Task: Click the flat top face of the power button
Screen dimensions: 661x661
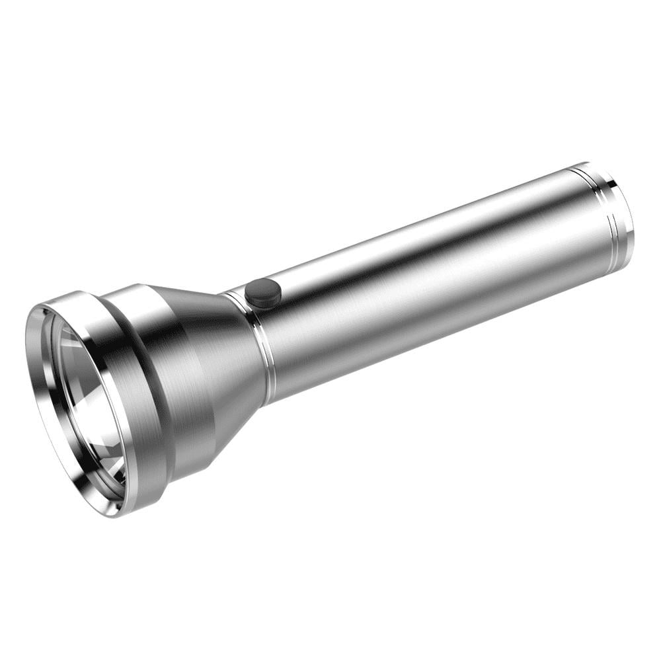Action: tap(262, 290)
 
